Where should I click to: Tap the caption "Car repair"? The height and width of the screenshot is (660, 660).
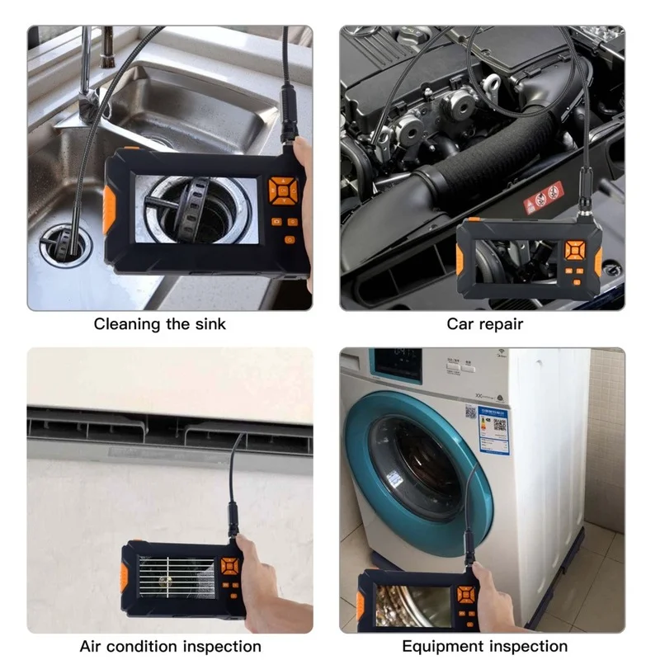(x=484, y=324)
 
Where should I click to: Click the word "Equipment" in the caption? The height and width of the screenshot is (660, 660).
(x=439, y=646)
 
